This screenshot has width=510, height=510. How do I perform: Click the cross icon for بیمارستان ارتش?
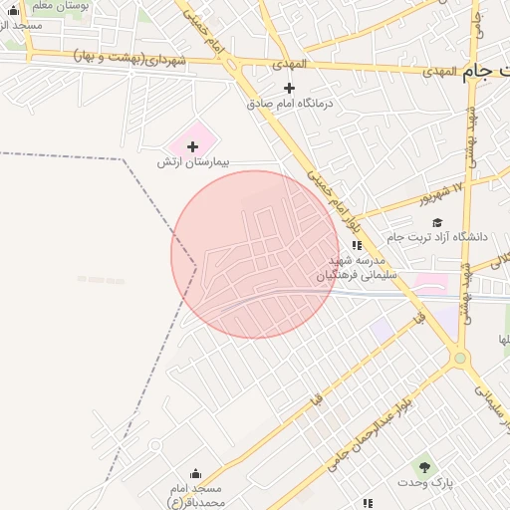point(192,146)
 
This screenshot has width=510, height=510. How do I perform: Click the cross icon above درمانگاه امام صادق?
point(290,88)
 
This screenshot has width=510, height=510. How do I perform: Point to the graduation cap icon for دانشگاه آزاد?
point(437,222)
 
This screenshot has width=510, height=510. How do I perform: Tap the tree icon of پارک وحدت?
point(425,467)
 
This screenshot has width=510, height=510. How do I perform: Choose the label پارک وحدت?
point(425,482)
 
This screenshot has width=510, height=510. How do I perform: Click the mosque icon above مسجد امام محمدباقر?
point(195,474)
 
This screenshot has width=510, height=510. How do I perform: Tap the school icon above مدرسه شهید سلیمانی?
point(357,245)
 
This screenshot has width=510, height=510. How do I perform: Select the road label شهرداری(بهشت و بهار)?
point(130,59)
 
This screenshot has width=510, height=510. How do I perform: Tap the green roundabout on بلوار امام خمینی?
point(459,358)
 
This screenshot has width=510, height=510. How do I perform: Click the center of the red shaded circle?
point(255,254)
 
